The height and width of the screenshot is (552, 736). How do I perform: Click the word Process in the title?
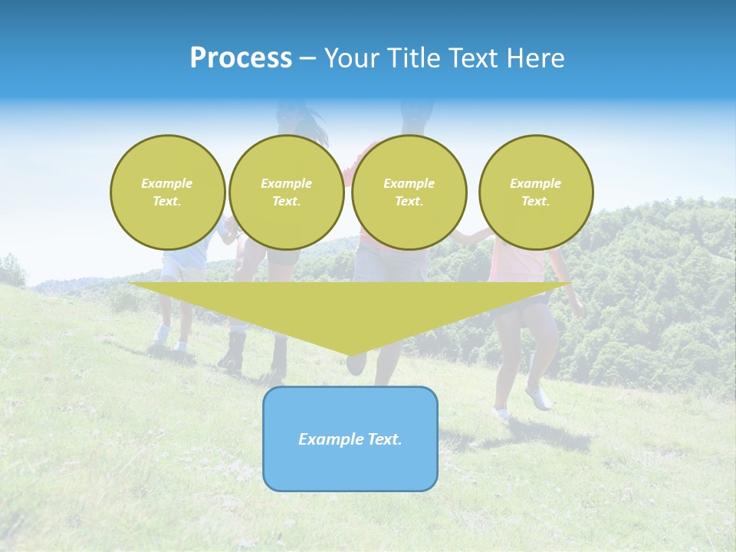[241, 58]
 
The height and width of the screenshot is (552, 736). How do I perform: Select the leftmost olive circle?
[167, 192]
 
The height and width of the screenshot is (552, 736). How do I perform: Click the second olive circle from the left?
[286, 192]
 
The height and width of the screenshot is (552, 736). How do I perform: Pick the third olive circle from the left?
[409, 192]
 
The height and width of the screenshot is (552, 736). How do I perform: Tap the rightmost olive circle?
[535, 192]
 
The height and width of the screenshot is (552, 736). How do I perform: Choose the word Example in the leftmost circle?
[167, 183]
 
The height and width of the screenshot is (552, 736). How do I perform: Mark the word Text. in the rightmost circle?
[535, 202]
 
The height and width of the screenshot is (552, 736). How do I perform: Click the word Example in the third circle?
[409, 183]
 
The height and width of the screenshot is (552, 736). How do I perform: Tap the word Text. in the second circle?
[286, 202]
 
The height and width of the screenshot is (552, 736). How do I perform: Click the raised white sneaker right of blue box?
[538, 396]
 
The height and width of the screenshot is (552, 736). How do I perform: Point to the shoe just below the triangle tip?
[356, 365]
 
